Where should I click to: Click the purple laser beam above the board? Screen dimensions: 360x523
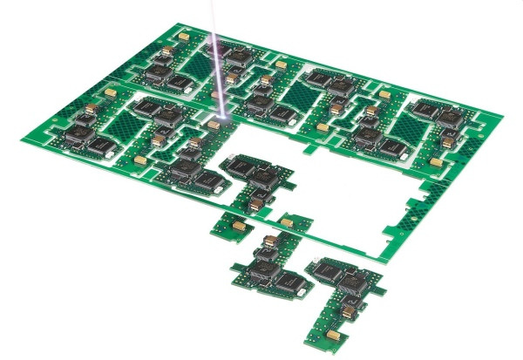(x=215, y=52)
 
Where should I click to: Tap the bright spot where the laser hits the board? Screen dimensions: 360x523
(x=223, y=117)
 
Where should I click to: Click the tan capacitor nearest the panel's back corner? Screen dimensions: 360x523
(x=187, y=36)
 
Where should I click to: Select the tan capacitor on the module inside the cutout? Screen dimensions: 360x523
(x=256, y=202)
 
